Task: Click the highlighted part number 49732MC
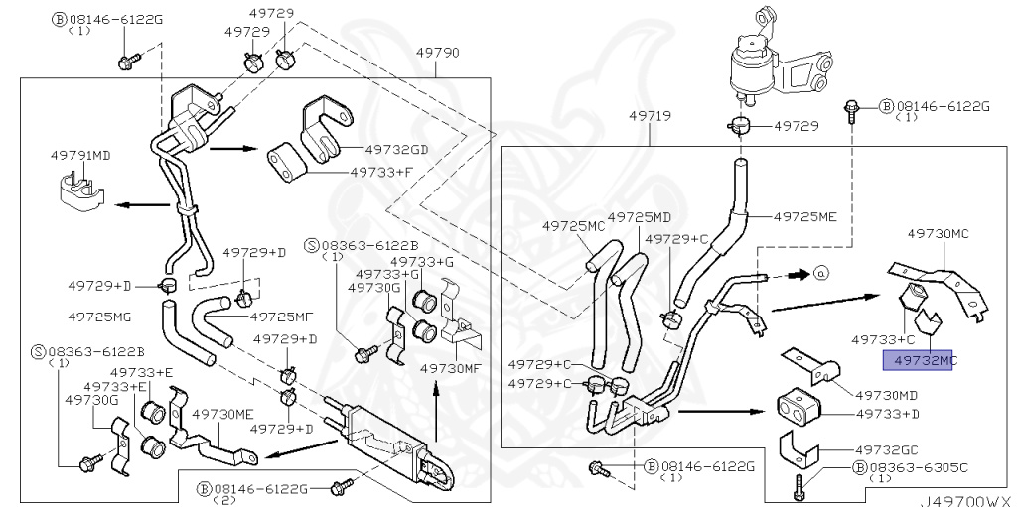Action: coord(924,362)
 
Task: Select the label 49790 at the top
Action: coord(437,52)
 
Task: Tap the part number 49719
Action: coord(650,116)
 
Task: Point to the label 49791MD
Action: coord(80,156)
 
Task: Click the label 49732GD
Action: coord(396,150)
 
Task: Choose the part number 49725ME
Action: coord(805,215)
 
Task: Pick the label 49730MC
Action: coord(938,233)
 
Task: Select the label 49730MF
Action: coord(451,368)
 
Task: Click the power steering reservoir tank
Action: coord(752,64)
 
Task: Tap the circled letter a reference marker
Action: coord(819,271)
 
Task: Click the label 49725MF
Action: coord(281,317)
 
